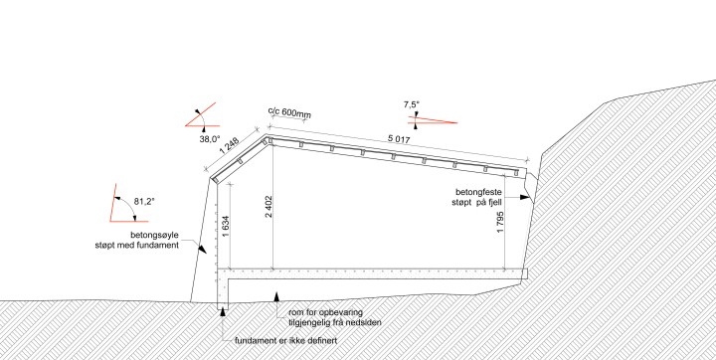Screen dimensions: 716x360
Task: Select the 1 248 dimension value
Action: click(x=230, y=147)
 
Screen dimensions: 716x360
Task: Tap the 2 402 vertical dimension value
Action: click(x=268, y=208)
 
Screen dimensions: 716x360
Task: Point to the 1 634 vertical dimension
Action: click(x=225, y=227)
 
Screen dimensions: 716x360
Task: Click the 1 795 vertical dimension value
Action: click(x=500, y=224)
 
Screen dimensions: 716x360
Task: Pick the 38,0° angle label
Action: click(x=210, y=139)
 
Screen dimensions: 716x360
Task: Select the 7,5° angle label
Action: click(x=411, y=105)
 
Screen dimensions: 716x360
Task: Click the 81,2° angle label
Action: click(x=144, y=201)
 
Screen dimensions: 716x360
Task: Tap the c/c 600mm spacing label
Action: click(x=289, y=112)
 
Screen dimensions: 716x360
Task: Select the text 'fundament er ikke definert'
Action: click(x=285, y=341)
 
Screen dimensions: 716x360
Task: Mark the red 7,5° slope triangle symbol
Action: click(x=433, y=120)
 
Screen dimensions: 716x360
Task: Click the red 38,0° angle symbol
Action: click(x=201, y=119)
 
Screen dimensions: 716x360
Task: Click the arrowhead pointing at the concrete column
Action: click(x=202, y=249)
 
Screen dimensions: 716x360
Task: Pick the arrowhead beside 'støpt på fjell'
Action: click(x=525, y=197)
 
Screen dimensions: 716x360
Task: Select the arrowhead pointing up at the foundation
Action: click(x=223, y=312)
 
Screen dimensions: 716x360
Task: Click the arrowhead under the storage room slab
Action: click(x=276, y=297)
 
